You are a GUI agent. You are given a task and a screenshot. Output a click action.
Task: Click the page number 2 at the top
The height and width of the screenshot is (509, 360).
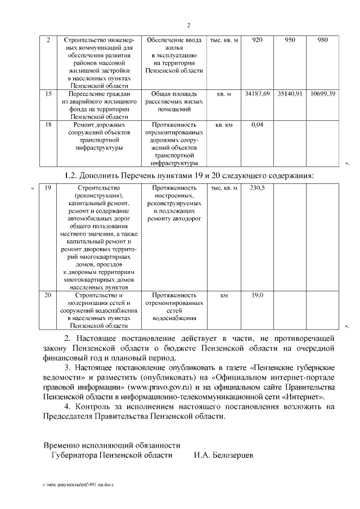(x=188, y=25)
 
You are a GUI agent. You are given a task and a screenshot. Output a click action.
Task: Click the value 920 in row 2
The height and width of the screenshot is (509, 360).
(x=258, y=40)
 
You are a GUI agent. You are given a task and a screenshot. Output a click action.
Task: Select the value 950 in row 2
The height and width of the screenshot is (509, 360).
(x=290, y=40)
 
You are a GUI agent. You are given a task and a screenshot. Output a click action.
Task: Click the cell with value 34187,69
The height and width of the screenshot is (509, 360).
(x=258, y=93)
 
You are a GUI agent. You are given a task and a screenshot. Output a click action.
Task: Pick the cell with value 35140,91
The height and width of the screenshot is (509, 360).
(x=290, y=93)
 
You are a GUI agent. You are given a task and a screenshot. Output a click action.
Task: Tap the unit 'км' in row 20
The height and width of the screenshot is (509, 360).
(x=224, y=295)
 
